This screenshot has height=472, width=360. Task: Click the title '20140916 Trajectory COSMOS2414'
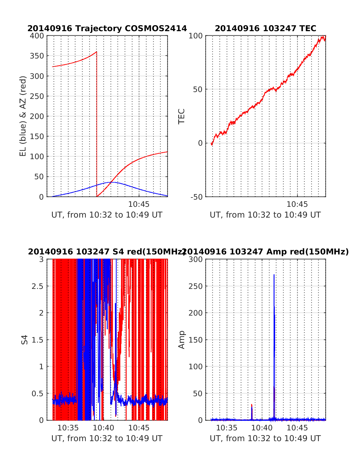[x=107, y=28]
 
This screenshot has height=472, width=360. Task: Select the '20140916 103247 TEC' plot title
[x=265, y=28]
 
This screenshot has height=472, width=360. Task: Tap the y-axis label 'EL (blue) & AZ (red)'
[x=23, y=116]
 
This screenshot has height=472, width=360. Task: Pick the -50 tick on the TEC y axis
[x=196, y=197]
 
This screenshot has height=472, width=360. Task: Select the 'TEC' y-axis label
[x=181, y=116]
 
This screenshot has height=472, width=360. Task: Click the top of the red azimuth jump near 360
[x=97, y=52]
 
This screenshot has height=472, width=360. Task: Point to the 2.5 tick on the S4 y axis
[x=37, y=286]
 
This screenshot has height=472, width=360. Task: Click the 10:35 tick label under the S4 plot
[x=68, y=428]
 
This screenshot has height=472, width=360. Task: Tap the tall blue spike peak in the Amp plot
[x=274, y=275]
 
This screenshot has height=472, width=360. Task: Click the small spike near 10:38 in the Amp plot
[x=252, y=405]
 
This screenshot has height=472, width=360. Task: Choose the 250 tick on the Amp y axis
[x=196, y=286]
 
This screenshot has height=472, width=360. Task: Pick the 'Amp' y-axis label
[x=181, y=340]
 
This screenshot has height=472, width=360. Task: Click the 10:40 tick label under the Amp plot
[x=262, y=428]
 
